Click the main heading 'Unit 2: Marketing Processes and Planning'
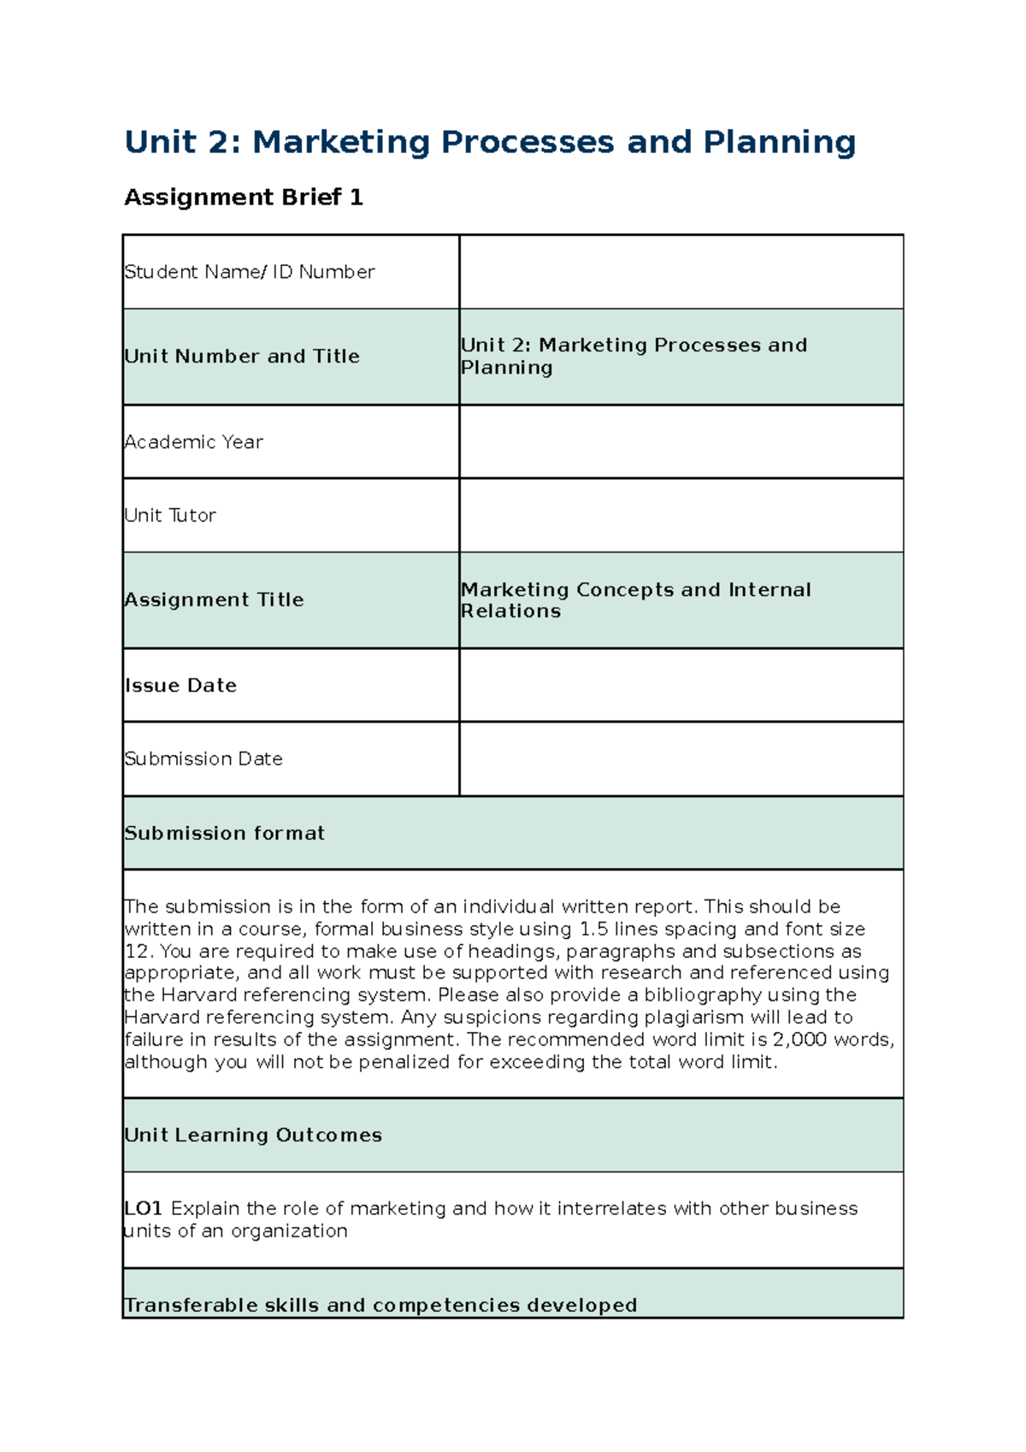pos(489,142)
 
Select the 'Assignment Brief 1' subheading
pos(244,198)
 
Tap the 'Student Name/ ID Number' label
pos(250,272)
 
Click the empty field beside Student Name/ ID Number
pos(681,272)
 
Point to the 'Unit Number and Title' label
pos(242,357)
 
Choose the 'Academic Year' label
pos(194,442)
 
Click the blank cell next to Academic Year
pos(681,442)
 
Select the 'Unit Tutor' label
pos(170,516)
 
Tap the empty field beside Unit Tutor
pos(681,516)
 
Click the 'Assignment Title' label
pos(215,600)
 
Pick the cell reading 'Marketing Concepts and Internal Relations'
pos(635,600)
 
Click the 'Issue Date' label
pos(181,686)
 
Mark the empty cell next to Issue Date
pos(681,686)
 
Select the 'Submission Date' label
pos(203,759)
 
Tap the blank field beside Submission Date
pos(681,759)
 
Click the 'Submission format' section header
pos(225,834)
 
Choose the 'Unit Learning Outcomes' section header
pos(253,1136)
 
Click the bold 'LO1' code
pos(143,1209)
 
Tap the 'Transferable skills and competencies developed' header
pos(380,1305)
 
